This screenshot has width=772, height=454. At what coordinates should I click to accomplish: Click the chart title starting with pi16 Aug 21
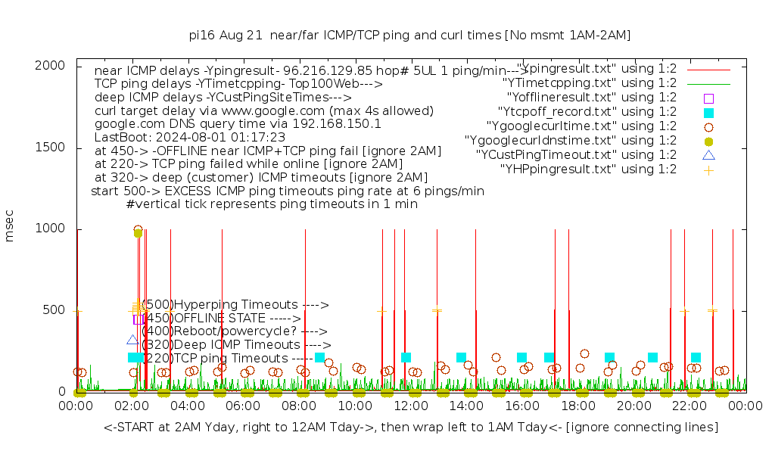pos(409,35)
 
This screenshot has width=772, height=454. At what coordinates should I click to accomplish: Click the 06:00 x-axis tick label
pos(244,406)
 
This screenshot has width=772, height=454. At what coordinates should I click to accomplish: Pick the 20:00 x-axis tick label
pos(633,406)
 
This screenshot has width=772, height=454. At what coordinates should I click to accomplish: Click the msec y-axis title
pos(10,229)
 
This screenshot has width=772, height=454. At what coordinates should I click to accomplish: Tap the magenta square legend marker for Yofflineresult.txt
pos(708,98)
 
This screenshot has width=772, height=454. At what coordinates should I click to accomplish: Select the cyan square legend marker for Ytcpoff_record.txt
pos(708,112)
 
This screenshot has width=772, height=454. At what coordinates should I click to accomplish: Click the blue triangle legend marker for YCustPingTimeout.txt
pos(708,155)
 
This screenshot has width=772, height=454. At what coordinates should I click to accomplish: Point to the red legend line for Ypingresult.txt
pos(708,69)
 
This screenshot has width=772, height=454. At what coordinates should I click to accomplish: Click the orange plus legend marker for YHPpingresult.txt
pos(708,169)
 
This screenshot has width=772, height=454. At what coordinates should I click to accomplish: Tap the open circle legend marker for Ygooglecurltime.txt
pos(708,126)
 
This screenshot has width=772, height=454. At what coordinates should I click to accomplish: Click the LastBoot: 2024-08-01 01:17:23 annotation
pos(190,138)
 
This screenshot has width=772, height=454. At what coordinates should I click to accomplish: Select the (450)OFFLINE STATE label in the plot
pos(221,319)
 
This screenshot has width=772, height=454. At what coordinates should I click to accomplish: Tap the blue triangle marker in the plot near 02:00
pos(132,340)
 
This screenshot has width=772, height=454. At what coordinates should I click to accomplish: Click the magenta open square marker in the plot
pos(139,319)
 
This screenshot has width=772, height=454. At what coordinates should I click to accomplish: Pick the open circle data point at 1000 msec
pos(138,229)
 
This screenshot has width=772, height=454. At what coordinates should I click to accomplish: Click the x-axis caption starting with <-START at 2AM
pos(411,428)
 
